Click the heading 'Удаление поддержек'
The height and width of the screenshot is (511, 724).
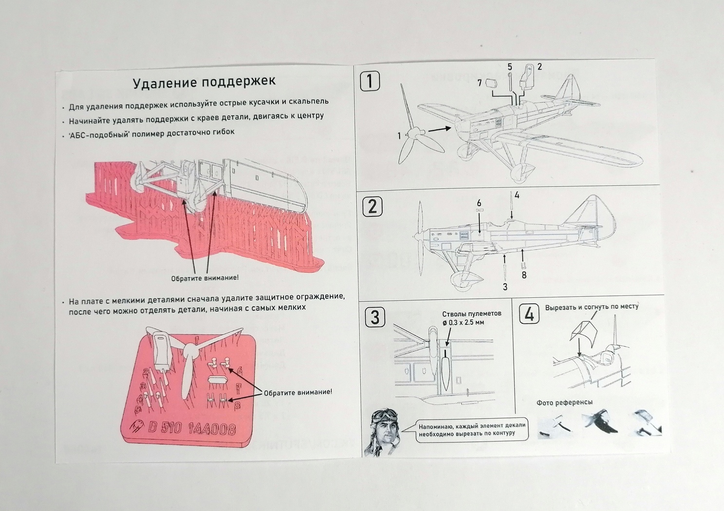click(204, 82)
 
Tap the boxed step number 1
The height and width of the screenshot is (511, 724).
click(370, 81)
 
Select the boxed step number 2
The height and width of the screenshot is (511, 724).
click(372, 206)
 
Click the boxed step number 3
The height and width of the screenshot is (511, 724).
click(375, 317)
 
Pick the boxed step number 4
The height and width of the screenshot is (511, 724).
click(529, 314)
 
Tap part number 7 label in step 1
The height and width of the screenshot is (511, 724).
click(480, 83)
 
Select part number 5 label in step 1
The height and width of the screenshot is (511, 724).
click(510, 67)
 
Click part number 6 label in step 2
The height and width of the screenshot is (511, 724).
click(479, 203)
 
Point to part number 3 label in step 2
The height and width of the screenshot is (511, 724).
click(505, 287)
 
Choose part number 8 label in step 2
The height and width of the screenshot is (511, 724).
click(524, 275)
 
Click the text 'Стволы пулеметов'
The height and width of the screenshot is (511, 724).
click(471, 314)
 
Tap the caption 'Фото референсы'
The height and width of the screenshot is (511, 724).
click(564, 402)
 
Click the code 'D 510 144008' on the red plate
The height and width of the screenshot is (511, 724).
click(192, 428)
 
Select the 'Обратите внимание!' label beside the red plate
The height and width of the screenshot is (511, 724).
click(298, 392)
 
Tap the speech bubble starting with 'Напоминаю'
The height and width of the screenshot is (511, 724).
click(471, 429)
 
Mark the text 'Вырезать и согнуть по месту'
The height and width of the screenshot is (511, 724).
click(592, 307)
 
